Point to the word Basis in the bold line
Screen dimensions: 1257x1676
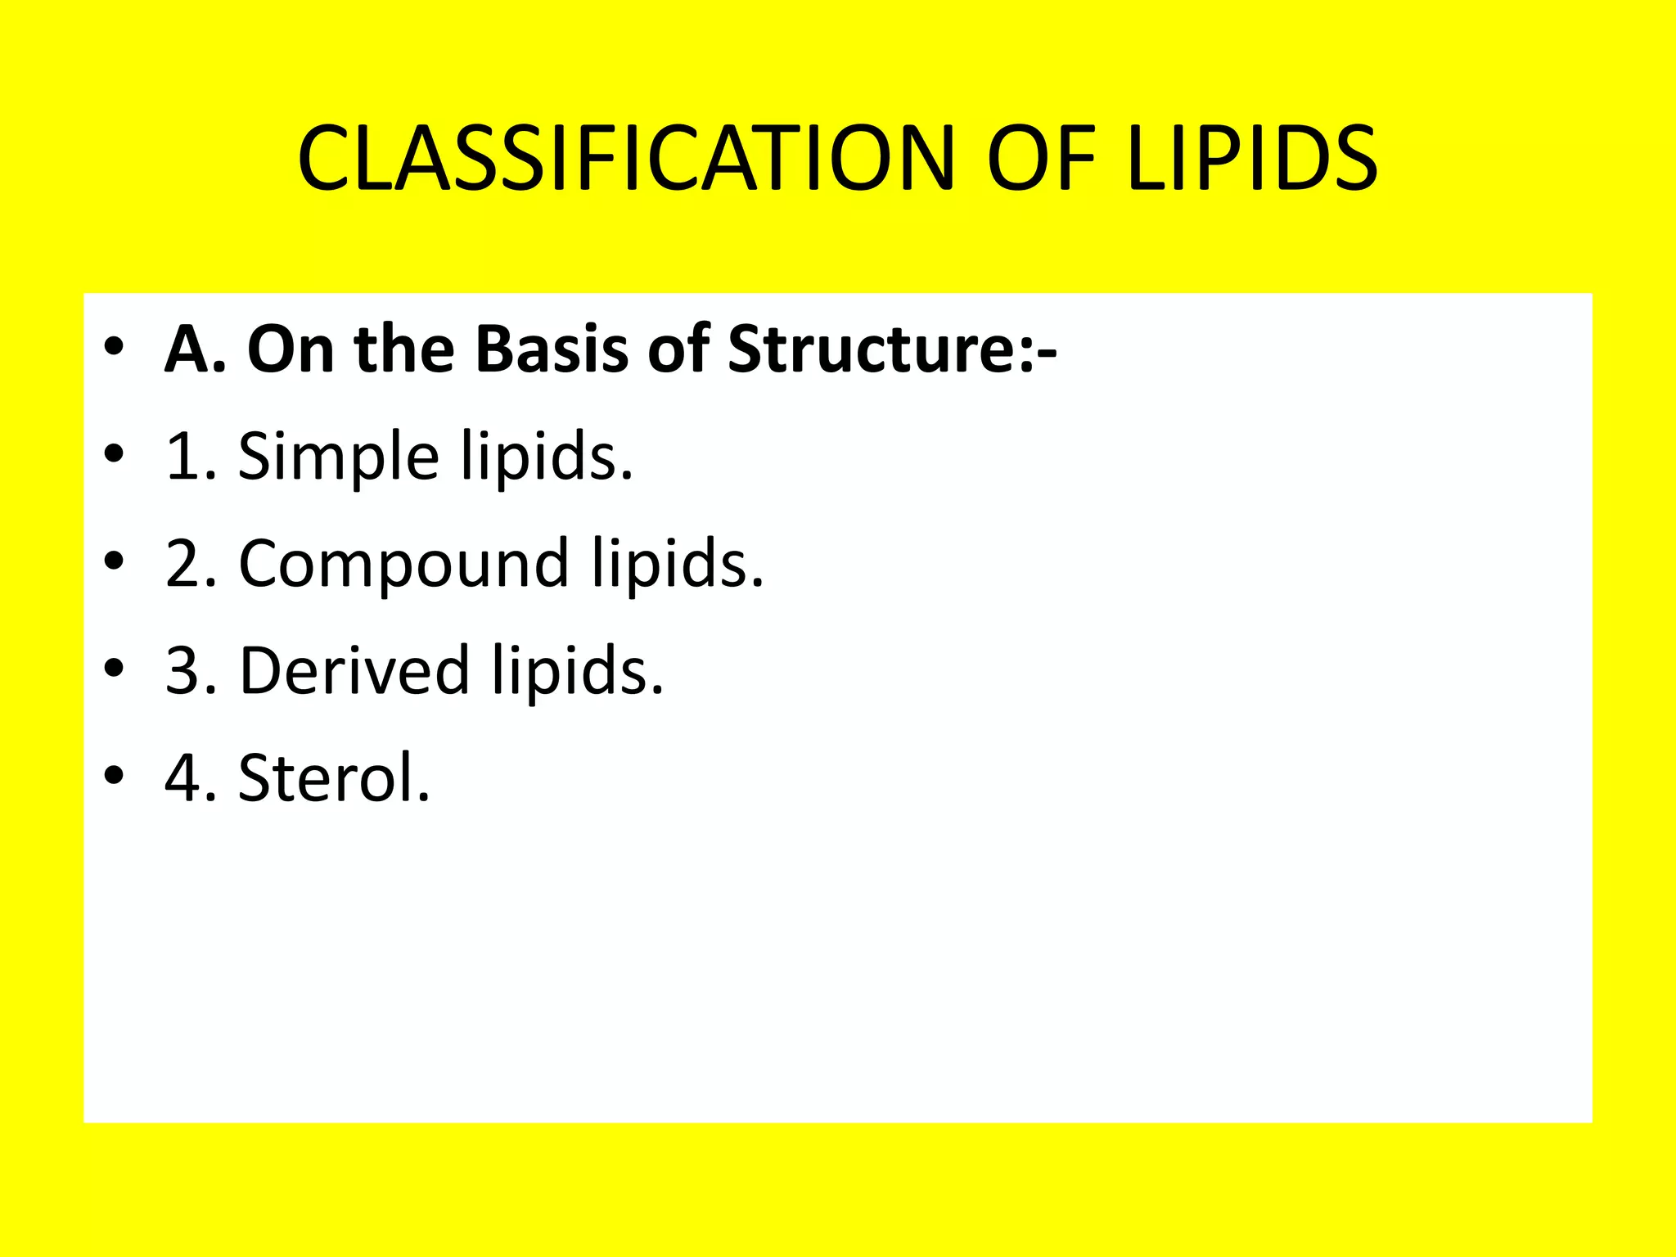(552, 349)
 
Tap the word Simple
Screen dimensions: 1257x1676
(339, 456)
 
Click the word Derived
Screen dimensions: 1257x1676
(354, 670)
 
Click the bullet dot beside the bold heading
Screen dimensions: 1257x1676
(114, 347)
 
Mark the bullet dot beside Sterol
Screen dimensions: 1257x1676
(114, 775)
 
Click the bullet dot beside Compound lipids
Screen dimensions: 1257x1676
(114, 561)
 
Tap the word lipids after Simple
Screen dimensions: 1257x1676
(547, 456)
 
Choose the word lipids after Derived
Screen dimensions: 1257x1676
(578, 670)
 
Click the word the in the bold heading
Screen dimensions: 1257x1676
(403, 349)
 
